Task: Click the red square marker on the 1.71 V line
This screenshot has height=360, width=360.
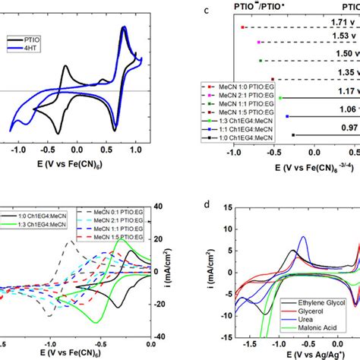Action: [x=242, y=27]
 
